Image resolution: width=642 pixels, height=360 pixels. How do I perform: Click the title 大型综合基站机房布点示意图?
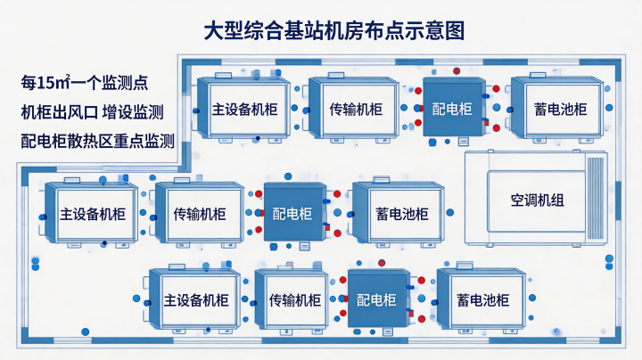pyautogui.click(x=334, y=31)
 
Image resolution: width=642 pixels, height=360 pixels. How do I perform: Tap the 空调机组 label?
pyautogui.click(x=537, y=200)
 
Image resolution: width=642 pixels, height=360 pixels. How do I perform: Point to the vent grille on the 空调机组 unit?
pyautogui.click(x=596, y=199)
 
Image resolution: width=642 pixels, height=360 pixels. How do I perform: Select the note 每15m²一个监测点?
pyautogui.click(x=85, y=83)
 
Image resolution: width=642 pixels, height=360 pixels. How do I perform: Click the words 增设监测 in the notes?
pyautogui.click(x=133, y=112)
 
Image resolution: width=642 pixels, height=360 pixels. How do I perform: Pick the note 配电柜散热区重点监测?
pyautogui.click(x=98, y=141)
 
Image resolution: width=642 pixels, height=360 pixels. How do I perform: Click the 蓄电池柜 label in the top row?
pyautogui.click(x=561, y=110)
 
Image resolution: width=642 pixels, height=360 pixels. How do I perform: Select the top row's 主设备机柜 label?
pyautogui.click(x=245, y=110)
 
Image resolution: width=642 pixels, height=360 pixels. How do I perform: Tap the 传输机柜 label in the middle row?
pyautogui.click(x=200, y=214)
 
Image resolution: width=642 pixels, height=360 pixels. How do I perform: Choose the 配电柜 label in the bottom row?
pyautogui.click(x=376, y=300)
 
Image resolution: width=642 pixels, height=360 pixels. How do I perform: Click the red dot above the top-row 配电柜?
pyautogui.click(x=457, y=71)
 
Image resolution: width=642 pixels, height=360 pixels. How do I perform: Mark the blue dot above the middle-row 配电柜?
pyautogui.click(x=288, y=176)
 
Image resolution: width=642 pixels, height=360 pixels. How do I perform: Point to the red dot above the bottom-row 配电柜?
pyautogui.click(x=382, y=263)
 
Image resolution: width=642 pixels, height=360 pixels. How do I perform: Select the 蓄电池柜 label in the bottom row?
pyautogui.click(x=483, y=300)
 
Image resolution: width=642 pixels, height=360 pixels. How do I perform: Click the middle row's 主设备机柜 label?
pyautogui.click(x=93, y=214)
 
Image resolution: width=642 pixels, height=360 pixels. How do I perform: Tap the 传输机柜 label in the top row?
pyautogui.click(x=356, y=110)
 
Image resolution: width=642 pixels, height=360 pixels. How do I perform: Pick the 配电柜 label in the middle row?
pyautogui.click(x=292, y=214)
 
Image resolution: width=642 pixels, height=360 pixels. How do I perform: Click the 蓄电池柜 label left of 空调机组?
pyautogui.click(x=402, y=214)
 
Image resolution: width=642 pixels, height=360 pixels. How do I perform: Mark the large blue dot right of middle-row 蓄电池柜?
pyautogui.click(x=450, y=212)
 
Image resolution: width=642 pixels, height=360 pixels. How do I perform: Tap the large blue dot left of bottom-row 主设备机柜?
pyautogui.click(x=136, y=299)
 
